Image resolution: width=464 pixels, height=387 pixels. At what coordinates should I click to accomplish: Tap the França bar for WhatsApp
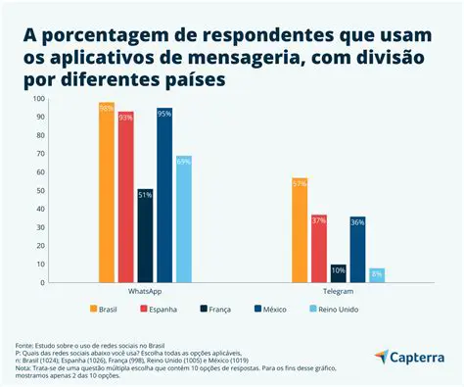click(145, 236)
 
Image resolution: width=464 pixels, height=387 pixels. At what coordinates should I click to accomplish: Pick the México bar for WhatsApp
click(164, 195)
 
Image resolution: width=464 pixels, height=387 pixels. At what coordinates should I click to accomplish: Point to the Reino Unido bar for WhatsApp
click(183, 219)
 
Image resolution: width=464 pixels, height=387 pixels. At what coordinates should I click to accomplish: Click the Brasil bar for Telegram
click(300, 230)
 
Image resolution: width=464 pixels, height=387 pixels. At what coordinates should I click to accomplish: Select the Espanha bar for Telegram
click(319, 249)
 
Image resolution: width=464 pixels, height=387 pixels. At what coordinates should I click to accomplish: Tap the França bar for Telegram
click(339, 273)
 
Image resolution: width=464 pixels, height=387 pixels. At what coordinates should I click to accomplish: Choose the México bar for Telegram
click(357, 250)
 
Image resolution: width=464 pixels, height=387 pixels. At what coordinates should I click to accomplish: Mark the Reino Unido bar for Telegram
click(377, 275)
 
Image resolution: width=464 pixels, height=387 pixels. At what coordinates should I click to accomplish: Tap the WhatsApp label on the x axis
click(145, 292)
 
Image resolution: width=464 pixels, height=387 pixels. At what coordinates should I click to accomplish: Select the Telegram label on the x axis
click(339, 292)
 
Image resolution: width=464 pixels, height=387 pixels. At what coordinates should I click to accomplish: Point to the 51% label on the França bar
click(145, 195)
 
